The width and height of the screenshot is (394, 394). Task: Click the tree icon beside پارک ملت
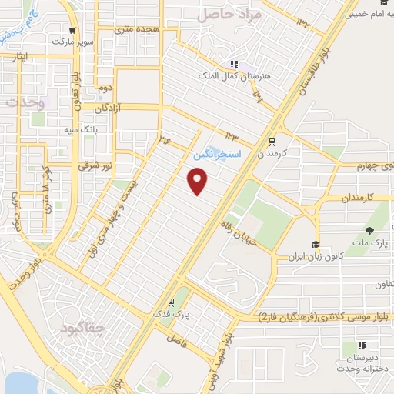(369, 231)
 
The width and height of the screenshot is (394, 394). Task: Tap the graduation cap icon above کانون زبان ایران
(315, 245)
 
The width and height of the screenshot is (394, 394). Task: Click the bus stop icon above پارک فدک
(171, 302)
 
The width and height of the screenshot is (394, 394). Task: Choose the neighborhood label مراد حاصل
(230, 14)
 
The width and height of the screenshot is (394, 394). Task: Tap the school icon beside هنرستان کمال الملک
(234, 65)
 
